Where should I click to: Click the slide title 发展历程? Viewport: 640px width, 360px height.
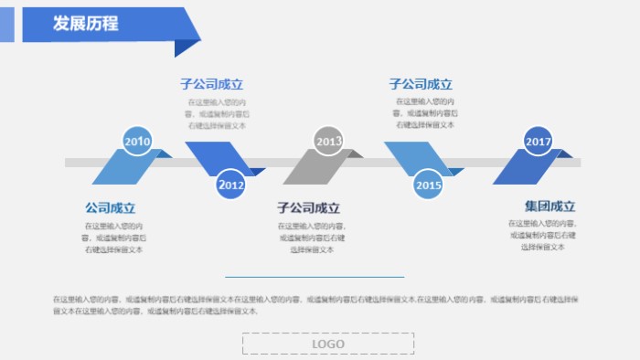(86, 25)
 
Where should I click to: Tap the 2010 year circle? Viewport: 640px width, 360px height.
(137, 142)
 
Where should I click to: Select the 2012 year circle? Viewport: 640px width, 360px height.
(231, 185)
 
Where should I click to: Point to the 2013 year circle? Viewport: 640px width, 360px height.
(329, 142)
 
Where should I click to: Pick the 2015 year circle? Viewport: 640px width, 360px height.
(428, 185)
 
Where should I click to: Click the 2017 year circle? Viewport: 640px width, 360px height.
(539, 142)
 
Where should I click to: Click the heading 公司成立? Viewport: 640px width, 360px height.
(110, 208)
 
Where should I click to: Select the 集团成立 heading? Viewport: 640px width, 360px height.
(549, 206)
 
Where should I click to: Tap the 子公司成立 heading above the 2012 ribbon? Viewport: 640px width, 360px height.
(211, 85)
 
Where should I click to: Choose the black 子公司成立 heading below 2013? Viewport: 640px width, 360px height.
(308, 208)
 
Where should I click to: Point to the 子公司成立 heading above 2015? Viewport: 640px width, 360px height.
(421, 85)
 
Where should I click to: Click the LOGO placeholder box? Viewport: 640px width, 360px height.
(328, 344)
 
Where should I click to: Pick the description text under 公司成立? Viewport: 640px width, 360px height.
(114, 237)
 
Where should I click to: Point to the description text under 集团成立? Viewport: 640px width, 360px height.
(543, 235)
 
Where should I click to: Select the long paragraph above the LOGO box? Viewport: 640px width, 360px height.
(320, 304)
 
